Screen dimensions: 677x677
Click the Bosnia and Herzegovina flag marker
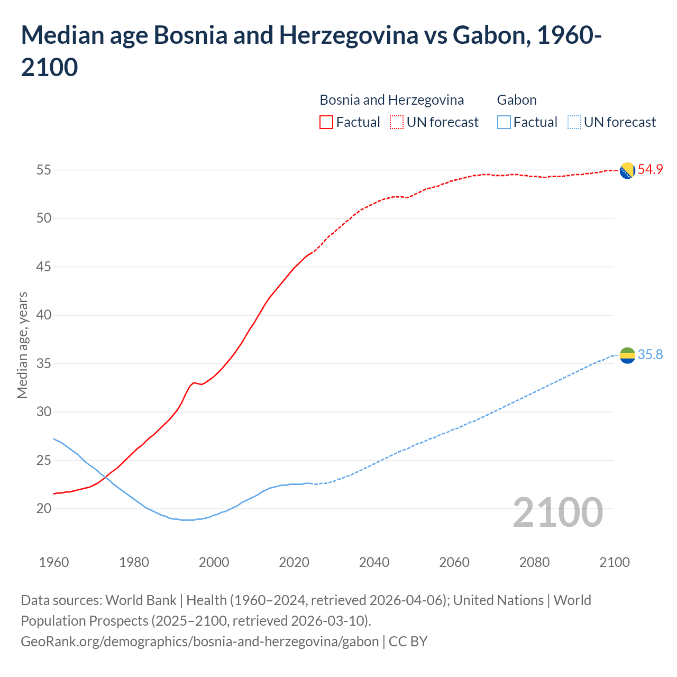pyautogui.click(x=627, y=170)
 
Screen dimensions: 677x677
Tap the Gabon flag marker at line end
pyautogui.click(x=627, y=355)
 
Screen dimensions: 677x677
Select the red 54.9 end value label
pyautogui.click(x=650, y=170)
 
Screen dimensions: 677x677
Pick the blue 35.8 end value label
pyautogui.click(x=650, y=355)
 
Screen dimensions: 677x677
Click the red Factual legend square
pyautogui.click(x=326, y=122)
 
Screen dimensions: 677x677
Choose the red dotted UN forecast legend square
pyautogui.click(x=397, y=122)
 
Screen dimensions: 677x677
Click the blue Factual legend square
pyautogui.click(x=504, y=122)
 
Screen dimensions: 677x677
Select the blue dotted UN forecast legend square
pyautogui.click(x=574, y=122)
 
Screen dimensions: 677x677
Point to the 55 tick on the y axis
pyautogui.click(x=43, y=170)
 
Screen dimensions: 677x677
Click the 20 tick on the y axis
pyautogui.click(x=43, y=509)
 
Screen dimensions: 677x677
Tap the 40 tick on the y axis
pyautogui.click(x=43, y=315)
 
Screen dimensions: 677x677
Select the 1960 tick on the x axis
pyautogui.click(x=54, y=562)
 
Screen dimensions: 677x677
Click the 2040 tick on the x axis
pyautogui.click(x=374, y=562)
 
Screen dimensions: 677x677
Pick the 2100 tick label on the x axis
pyautogui.click(x=615, y=562)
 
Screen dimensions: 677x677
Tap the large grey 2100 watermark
pyautogui.click(x=557, y=513)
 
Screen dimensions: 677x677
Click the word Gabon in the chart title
pyautogui.click(x=490, y=35)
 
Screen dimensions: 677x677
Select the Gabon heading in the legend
pyautogui.click(x=517, y=100)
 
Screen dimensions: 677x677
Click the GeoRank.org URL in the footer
pyautogui.click(x=199, y=642)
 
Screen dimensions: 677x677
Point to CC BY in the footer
pyautogui.click(x=408, y=642)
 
